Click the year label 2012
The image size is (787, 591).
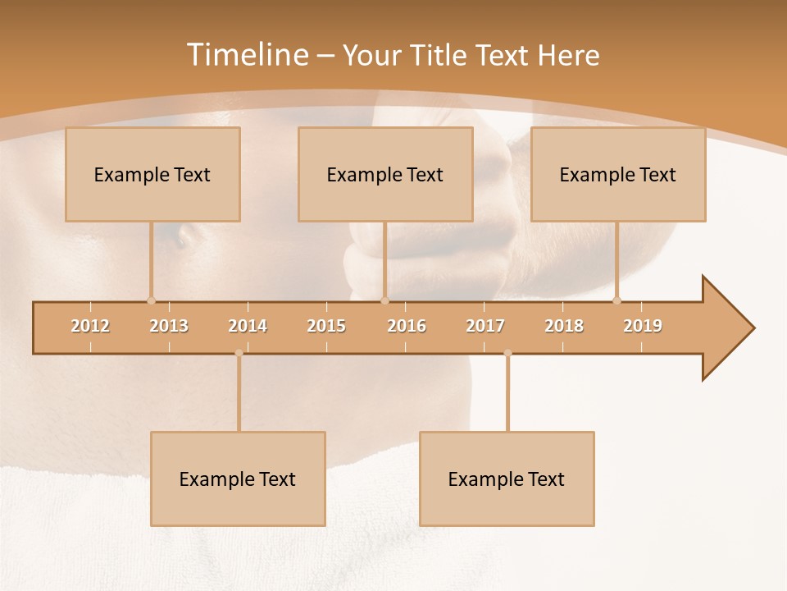point(90,326)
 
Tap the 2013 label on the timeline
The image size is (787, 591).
point(169,326)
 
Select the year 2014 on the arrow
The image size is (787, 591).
point(248,326)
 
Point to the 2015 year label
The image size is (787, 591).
point(326,326)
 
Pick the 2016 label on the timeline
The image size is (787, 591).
point(407,326)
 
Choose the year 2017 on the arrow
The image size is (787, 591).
point(485,326)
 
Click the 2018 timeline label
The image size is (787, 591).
point(564,326)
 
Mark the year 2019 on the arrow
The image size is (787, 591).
point(643,326)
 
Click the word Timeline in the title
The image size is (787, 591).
point(246,55)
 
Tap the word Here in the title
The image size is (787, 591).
point(568,55)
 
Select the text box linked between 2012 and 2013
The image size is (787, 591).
point(152,174)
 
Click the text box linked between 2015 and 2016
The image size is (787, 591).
point(385,174)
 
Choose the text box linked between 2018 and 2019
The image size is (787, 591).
point(618,174)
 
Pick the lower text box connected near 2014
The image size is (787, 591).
point(238,479)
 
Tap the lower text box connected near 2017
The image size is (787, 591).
point(507,479)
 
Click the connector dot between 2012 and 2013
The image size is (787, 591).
point(151,300)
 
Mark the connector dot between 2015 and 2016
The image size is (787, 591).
point(384,300)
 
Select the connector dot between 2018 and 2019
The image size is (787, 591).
point(617,300)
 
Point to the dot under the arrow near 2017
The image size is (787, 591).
point(507,353)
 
